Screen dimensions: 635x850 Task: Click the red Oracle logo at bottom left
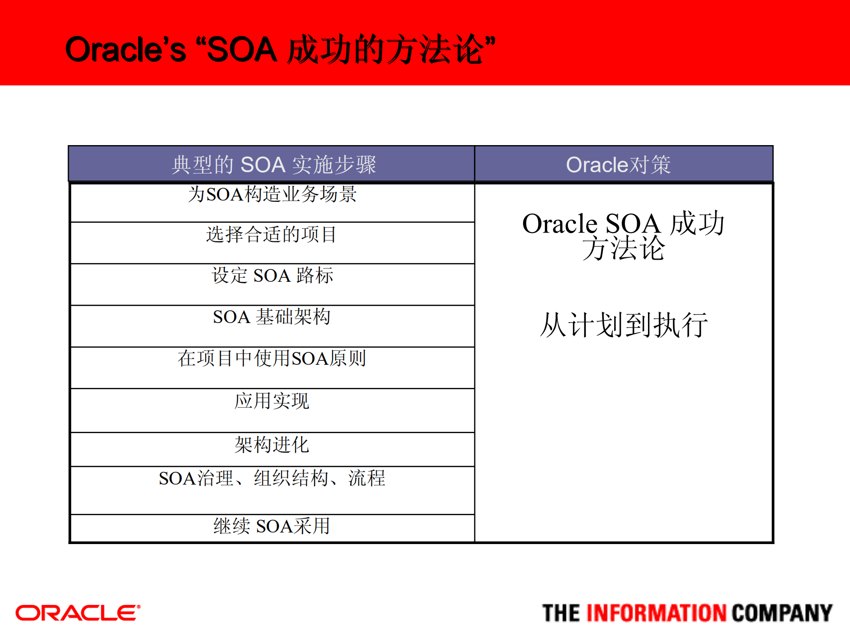point(78,613)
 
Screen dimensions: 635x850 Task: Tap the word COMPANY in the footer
point(782,613)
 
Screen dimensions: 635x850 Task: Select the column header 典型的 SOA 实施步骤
point(274,165)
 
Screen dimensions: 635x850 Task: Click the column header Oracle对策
point(618,165)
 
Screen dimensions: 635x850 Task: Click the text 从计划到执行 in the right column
point(624,325)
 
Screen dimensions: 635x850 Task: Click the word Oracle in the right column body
point(559,223)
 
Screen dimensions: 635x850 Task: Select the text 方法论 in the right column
point(624,248)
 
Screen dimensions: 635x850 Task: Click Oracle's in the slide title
point(125,50)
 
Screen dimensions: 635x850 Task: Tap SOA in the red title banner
point(242,50)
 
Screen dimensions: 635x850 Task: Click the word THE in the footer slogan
point(561,613)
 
